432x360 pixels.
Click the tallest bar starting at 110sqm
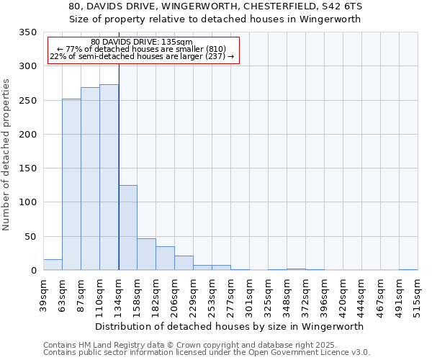click(109, 178)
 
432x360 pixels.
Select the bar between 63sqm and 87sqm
click(71, 185)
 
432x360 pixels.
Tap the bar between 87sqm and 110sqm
click(90, 179)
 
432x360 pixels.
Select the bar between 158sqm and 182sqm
click(146, 255)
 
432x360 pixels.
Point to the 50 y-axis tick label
click(30, 237)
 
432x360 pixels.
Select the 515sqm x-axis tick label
click(418, 295)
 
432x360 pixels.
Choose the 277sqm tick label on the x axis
click(231, 295)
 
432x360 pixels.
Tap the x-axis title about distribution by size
click(229, 326)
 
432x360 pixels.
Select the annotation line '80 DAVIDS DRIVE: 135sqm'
click(143, 42)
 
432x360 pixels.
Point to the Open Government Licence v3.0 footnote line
click(207, 353)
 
